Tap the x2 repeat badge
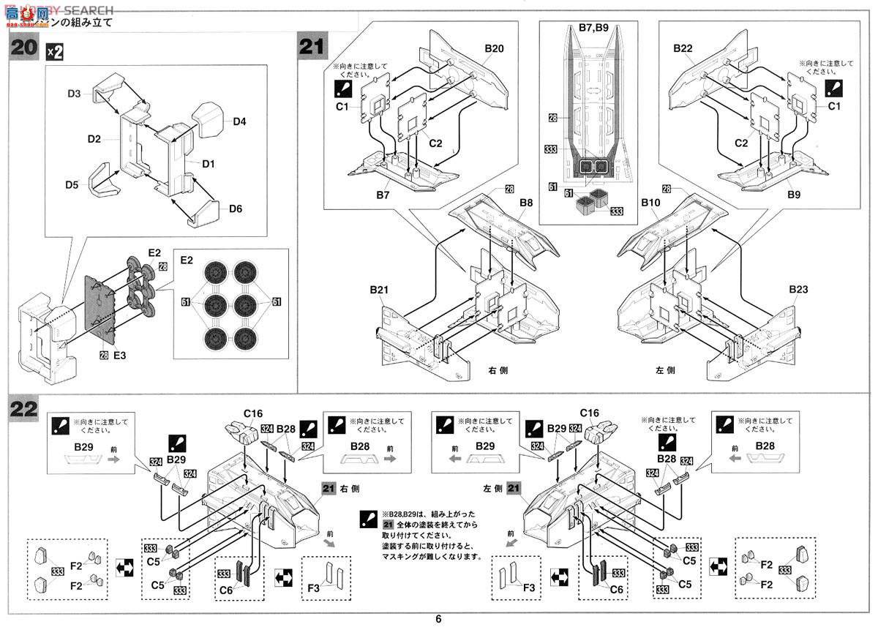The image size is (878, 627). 55,51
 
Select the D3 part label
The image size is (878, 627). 75,94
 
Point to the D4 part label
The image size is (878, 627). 240,121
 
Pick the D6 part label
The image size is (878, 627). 235,209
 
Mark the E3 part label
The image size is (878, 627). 120,356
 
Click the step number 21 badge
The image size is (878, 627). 312,47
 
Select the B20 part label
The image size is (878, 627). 495,49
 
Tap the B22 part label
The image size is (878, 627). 683,49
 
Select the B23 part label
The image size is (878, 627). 800,290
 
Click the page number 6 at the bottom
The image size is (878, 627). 438,618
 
